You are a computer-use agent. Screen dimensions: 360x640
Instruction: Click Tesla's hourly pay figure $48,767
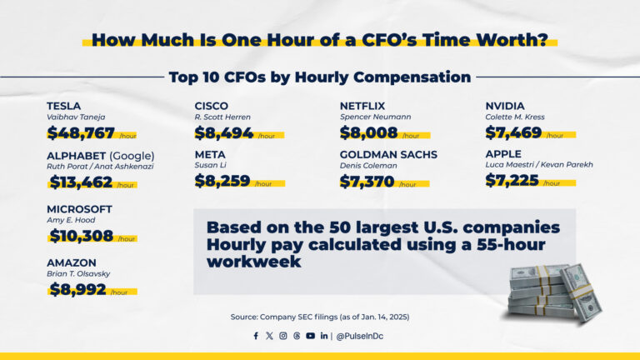pos(81,132)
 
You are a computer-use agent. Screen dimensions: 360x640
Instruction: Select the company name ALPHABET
pos(79,155)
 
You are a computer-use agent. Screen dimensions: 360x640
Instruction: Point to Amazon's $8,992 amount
pos(77,289)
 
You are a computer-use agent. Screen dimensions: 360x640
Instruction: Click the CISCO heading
pos(211,106)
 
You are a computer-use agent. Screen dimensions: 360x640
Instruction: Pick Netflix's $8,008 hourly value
pos(368,132)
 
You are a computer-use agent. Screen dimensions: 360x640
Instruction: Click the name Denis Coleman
pos(368,166)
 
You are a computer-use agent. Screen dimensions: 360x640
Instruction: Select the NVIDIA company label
pos(505,106)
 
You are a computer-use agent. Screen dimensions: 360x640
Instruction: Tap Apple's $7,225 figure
pos(512,180)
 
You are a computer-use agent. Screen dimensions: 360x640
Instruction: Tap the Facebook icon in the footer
pos(256,336)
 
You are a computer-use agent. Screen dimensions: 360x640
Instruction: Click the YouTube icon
pos(310,336)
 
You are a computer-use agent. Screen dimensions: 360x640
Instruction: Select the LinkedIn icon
pos(324,336)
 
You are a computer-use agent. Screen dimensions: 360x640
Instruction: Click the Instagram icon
pos(283,336)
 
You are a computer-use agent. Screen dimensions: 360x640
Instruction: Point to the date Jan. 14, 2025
pos(380,317)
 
